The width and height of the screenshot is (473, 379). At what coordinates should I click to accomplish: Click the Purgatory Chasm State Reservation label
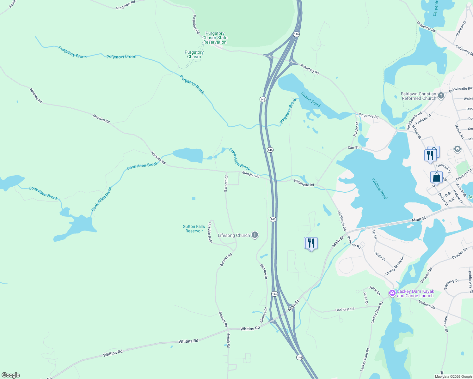pos(215,38)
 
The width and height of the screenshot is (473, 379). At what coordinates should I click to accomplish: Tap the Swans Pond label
pos(310,99)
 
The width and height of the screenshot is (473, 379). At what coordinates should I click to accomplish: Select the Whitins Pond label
pos(379,189)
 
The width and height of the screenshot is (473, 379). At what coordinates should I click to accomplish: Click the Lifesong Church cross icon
pos(255,235)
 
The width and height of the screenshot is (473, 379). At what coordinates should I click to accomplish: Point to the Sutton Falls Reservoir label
pos(194,229)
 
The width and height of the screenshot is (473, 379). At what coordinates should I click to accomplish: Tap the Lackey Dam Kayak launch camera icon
pos(392,293)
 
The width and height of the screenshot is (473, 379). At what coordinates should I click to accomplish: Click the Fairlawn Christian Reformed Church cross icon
pos(441,95)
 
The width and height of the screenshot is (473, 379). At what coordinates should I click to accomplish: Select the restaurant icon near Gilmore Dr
pos(311,243)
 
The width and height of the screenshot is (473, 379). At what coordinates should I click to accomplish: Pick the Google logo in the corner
pos(11,375)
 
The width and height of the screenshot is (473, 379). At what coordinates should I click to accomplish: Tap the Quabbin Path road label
pos(210,232)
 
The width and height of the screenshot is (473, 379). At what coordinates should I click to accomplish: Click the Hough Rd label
pos(228,340)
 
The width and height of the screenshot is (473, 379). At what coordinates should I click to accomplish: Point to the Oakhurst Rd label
pos(345,310)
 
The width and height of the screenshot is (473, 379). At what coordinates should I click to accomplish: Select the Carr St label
pos(353,147)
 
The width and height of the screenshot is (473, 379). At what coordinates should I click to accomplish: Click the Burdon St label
pos(357,129)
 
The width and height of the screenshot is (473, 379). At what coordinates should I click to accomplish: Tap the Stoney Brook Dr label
pos(395,266)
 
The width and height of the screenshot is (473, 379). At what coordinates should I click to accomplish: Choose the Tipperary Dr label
pos(451,284)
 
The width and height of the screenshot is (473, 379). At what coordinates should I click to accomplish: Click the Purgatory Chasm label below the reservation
pos(194,55)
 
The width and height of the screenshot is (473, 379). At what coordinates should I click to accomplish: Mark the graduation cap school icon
pos(457,149)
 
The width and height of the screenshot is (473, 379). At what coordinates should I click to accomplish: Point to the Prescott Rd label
pos(354,242)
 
